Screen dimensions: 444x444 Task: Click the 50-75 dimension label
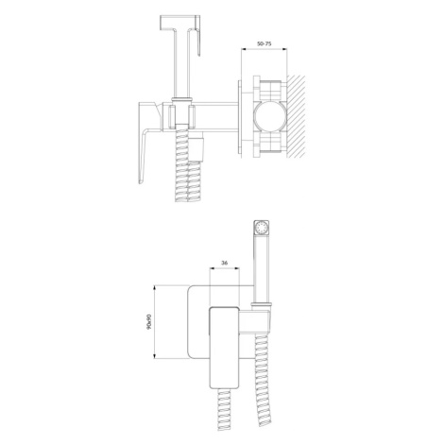point(264,43)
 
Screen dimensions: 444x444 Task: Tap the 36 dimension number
point(225,263)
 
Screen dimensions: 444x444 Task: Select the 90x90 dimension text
point(149,321)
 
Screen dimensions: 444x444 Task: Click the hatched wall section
point(296,116)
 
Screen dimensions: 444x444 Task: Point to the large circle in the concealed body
point(270,116)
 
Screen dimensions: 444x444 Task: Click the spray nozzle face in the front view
point(262,228)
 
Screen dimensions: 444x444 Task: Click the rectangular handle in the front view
point(225,347)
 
